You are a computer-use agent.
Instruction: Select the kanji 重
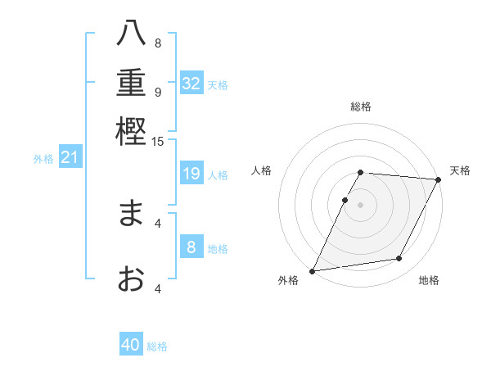132,84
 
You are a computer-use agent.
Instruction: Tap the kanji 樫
132,132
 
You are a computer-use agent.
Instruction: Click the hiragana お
132,279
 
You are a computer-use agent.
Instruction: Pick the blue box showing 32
191,84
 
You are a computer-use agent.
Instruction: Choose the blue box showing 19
191,174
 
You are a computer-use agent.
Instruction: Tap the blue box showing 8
191,247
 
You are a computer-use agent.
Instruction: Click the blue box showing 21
69,157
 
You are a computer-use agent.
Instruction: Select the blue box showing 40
131,345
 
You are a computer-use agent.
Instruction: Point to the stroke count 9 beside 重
158,92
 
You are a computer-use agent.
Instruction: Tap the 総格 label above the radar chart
361,106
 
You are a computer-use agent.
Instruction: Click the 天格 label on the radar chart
460,170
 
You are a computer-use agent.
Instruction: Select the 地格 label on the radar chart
429,280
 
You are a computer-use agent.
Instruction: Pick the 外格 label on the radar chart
288,280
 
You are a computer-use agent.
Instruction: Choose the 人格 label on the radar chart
262,170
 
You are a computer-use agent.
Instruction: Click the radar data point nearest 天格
438,179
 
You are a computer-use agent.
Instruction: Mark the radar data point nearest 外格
312,270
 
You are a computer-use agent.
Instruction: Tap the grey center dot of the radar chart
361,204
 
